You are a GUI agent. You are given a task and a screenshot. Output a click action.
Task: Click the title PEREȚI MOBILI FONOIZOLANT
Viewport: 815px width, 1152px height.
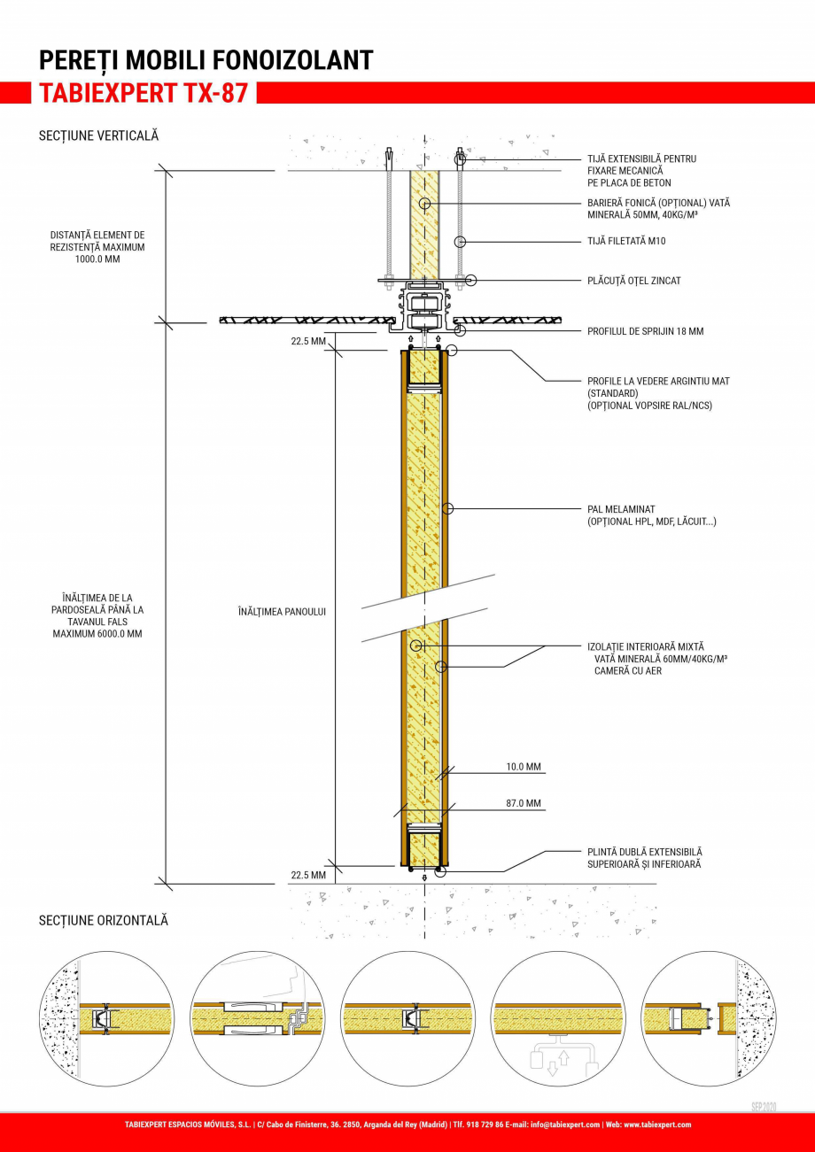tap(206, 60)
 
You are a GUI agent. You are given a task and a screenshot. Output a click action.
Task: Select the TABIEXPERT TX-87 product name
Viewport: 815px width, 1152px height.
tap(143, 93)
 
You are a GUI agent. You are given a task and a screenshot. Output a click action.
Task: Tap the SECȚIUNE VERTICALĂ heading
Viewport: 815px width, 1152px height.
tap(98, 135)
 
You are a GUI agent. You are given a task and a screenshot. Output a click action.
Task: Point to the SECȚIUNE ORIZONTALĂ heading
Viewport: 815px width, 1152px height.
tap(103, 921)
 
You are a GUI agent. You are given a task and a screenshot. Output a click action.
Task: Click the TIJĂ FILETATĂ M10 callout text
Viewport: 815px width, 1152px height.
tap(626, 241)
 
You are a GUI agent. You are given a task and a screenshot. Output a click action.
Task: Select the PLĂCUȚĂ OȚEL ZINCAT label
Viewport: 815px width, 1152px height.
tap(633, 281)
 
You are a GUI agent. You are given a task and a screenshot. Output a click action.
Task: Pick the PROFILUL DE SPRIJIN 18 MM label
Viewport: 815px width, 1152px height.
tap(645, 331)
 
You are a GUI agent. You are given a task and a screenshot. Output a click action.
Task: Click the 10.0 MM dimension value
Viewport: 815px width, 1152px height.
tap(524, 767)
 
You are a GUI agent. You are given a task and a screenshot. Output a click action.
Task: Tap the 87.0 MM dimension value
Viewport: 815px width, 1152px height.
tap(524, 803)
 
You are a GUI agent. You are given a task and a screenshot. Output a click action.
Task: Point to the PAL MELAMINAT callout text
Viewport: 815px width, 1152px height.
tap(620, 509)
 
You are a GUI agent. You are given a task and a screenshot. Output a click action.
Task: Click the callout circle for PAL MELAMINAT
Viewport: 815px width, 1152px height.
tap(448, 509)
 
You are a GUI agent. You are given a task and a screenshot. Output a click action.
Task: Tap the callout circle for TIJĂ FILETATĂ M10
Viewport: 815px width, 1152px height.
tap(460, 241)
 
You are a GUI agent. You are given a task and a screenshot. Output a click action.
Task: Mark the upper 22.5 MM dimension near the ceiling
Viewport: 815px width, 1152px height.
tap(308, 341)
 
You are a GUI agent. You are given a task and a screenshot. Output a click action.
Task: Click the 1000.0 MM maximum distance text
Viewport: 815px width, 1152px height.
tap(97, 260)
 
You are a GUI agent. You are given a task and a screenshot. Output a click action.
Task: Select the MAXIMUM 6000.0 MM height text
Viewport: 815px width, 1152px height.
tap(97, 634)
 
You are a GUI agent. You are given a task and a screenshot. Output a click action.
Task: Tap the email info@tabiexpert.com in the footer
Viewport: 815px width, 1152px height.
tap(564, 1125)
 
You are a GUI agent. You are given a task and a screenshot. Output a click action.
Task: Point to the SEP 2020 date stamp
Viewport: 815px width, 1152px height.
tap(763, 1107)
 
